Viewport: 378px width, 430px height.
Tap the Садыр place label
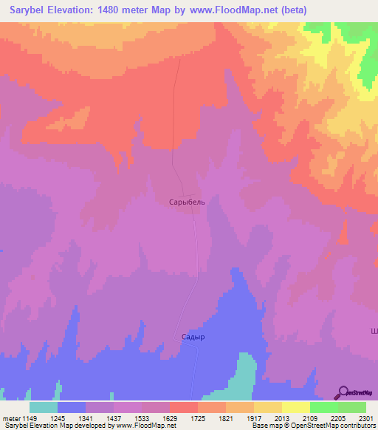(191, 336)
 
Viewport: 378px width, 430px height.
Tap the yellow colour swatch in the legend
(295, 407)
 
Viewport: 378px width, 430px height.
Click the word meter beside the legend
(11, 418)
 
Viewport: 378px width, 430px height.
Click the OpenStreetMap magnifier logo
(344, 392)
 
